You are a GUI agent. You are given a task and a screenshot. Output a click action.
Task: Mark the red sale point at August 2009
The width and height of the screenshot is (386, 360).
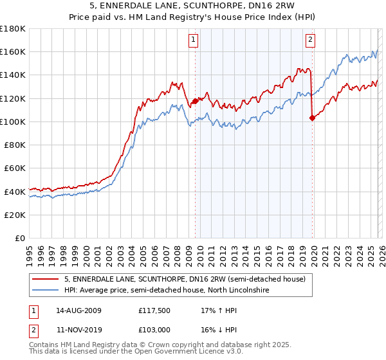[x=195, y=101]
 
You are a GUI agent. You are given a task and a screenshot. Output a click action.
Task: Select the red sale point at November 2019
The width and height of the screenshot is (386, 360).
[x=312, y=118]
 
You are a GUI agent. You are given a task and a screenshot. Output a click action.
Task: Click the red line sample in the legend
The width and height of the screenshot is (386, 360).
[x=46, y=279]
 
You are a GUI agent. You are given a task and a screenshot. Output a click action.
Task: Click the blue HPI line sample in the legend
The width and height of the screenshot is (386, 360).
[x=46, y=291]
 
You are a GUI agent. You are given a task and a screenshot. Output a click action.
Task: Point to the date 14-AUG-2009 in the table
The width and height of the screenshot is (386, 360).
[x=78, y=310]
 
